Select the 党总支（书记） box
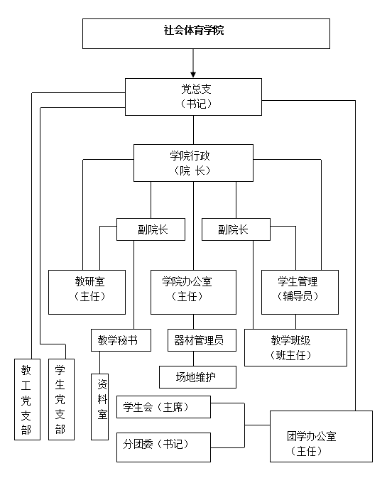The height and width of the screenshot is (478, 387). (193, 96)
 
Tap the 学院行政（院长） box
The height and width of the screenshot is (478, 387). (193, 163)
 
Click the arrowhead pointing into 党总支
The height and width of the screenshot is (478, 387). (193, 72)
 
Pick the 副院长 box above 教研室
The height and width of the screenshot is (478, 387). (151, 229)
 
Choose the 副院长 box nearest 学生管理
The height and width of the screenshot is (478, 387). (235, 229)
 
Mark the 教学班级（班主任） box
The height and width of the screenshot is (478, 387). (295, 347)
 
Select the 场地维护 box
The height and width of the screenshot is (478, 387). (197, 376)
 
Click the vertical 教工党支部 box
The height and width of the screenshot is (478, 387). (26, 399)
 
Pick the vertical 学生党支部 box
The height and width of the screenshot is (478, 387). (60, 399)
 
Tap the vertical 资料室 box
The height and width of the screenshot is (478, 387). (102, 404)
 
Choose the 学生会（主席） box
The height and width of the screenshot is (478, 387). (163, 407)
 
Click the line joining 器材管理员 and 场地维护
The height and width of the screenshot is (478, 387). (196, 358)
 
